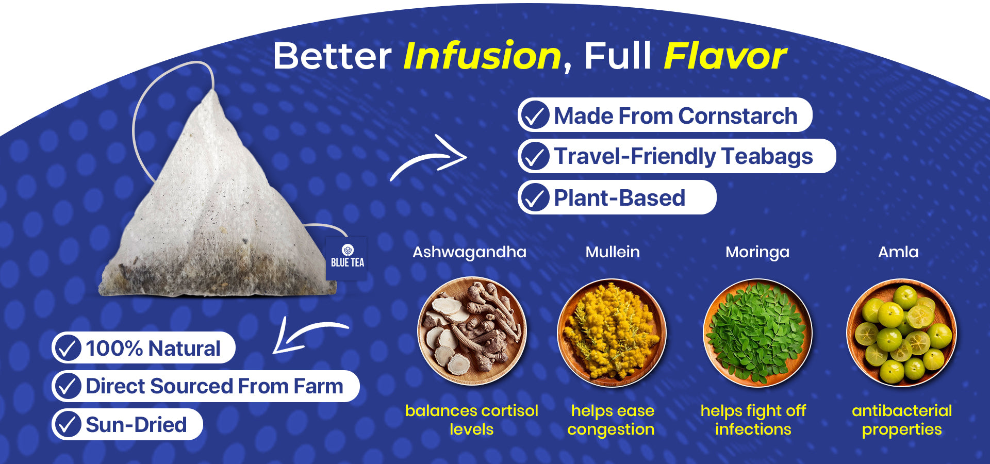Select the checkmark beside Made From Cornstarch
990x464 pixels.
535,115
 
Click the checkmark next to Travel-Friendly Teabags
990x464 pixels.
535,156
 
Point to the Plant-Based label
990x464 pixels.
619,198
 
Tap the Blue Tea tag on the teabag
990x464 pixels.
347,258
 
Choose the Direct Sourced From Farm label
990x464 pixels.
214,386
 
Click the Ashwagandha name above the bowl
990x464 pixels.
469,252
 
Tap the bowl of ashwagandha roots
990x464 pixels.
472,331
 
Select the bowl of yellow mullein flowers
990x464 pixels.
612,333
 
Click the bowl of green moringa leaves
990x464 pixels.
757,333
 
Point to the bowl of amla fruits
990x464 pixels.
902,333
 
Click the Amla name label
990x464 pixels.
898,252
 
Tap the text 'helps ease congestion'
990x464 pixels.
612,420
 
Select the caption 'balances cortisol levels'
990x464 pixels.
471,420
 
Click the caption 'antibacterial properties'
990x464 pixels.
902,420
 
